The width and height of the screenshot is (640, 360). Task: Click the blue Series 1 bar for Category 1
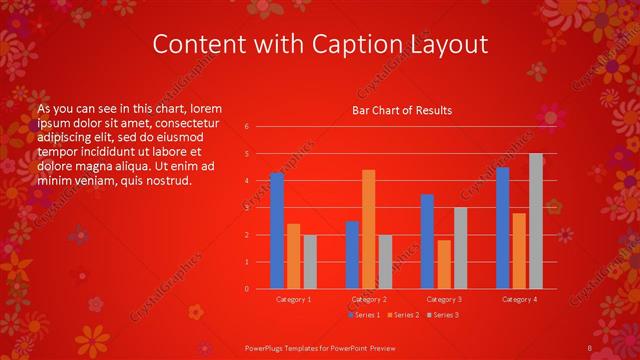pos(277,231)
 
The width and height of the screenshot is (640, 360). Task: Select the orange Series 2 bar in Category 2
pos(368,229)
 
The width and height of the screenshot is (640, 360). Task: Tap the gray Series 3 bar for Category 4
pos(535,221)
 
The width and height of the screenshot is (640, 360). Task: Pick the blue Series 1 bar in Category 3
pos(427,241)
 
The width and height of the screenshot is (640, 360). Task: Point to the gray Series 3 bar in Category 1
pos(310,262)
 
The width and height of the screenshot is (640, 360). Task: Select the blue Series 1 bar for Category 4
pos(502,228)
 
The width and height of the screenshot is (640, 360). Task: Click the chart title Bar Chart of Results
pos(402,110)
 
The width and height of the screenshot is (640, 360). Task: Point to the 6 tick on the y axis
pos(247,127)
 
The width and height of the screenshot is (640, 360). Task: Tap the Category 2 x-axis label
pos(369,299)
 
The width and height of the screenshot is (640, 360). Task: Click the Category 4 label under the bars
pos(519,299)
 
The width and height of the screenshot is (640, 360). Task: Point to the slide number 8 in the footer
pos(590,347)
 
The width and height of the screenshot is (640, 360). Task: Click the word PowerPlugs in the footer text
pos(268,347)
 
